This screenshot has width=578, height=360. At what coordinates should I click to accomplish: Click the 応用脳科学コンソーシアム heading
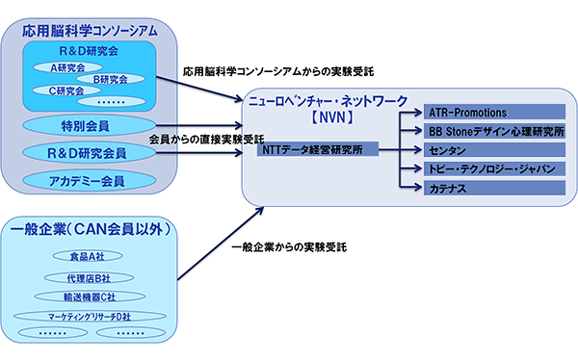pyautogui.click(x=88, y=29)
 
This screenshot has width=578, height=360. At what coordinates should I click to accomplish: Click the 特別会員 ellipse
pyautogui.click(x=88, y=125)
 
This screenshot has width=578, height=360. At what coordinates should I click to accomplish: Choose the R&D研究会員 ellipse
pyautogui.click(x=88, y=152)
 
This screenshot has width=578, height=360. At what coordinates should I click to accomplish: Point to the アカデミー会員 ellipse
pyautogui.click(x=88, y=179)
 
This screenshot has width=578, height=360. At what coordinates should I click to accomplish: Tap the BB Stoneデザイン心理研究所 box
pyautogui.click(x=492, y=131)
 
